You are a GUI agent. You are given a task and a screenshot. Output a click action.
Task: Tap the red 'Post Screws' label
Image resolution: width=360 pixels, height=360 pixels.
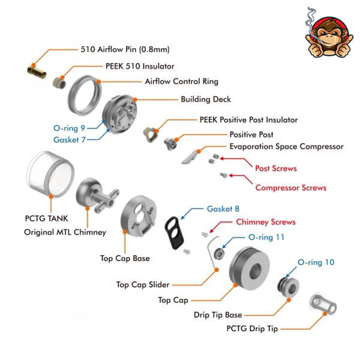[x=275, y=168]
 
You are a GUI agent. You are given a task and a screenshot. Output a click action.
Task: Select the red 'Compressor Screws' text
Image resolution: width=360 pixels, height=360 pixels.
[x=291, y=187]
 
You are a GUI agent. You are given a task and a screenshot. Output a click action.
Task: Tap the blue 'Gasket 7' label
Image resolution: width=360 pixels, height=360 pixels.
[x=70, y=139]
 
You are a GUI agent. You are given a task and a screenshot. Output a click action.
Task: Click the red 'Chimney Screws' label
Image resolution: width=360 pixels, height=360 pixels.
[x=266, y=221]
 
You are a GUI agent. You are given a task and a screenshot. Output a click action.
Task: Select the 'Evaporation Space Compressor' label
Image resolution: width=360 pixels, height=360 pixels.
[x=286, y=146]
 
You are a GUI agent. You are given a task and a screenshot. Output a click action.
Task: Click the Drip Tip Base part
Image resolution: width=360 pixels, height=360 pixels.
[x=290, y=287]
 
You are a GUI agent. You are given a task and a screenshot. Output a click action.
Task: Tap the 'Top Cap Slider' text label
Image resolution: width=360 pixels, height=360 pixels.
[x=142, y=284]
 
